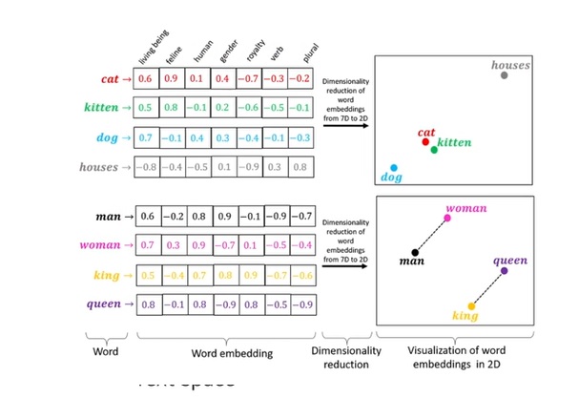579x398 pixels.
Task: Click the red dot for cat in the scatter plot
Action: click(425, 141)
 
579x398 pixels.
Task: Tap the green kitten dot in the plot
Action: click(434, 150)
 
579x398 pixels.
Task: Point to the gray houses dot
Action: click(504, 74)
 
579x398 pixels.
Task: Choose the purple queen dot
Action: click(504, 271)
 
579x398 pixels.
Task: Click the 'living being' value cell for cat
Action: click(146, 78)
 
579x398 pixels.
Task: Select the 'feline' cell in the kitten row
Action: click(172, 108)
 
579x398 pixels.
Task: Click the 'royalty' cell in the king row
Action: click(248, 275)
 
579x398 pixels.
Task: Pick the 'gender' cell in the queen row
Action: click(222, 304)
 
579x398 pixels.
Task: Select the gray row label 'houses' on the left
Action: click(98, 167)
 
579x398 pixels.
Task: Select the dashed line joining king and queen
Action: click(486, 288)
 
